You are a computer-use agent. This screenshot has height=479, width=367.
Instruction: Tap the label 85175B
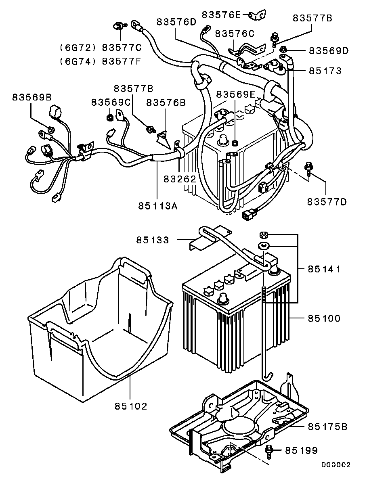[327, 427]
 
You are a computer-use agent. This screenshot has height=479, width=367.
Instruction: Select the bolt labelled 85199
[269, 451]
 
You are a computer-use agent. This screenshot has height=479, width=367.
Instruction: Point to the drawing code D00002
[336, 465]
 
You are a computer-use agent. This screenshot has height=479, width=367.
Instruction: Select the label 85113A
[158, 206]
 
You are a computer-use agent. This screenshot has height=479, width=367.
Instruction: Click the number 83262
[180, 179]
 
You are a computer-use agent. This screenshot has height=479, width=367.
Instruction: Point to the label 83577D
[327, 201]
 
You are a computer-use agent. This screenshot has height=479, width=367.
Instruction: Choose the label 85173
[325, 71]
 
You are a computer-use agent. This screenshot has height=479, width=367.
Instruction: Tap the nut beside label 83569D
[283, 50]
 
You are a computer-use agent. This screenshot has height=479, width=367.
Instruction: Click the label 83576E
[221, 15]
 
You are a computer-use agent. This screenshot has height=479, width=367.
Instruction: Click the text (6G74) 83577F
[100, 61]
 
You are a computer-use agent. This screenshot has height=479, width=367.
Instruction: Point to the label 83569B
[31, 97]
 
